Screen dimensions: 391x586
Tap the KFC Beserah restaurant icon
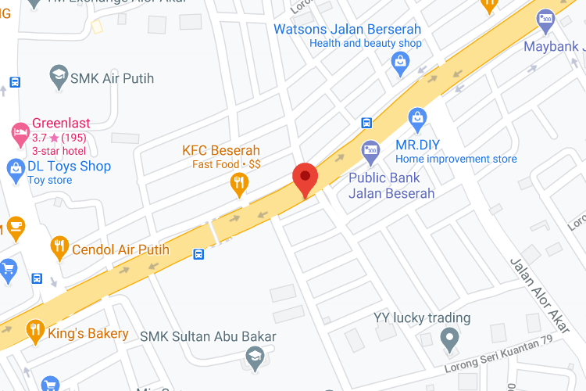(239, 184)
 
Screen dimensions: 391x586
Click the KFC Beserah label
(221, 150)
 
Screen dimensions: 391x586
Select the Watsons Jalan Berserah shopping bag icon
(401, 63)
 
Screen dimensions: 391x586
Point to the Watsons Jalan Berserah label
(347, 30)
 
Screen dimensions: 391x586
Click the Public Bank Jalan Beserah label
(391, 185)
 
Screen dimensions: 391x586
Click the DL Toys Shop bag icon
(15, 167)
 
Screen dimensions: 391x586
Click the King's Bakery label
(88, 334)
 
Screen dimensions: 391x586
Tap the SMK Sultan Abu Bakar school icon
(254, 359)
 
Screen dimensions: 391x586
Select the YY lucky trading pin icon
(448, 339)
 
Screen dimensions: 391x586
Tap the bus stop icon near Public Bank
(366, 123)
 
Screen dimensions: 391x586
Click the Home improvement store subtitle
(456, 160)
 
